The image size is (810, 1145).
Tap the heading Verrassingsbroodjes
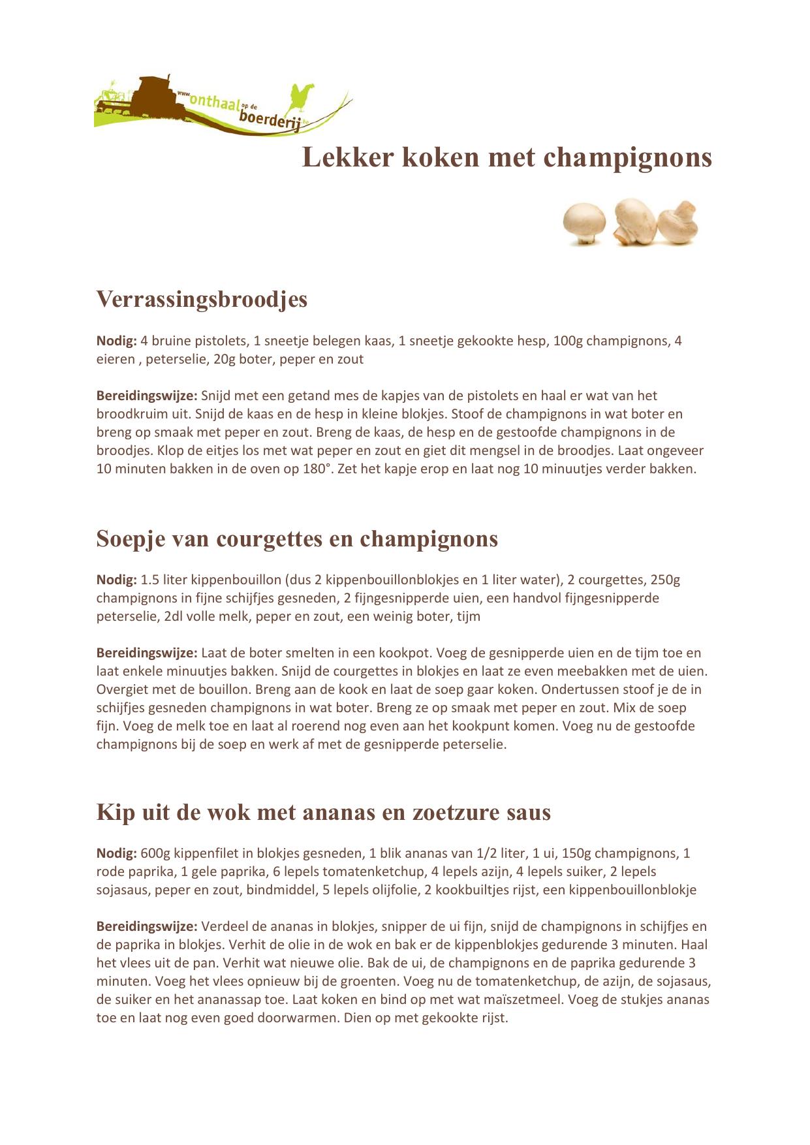[x=202, y=299]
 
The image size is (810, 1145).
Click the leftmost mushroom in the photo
[x=584, y=223]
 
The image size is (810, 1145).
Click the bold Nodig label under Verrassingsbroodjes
[x=117, y=341]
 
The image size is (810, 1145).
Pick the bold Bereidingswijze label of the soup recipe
[x=147, y=653]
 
